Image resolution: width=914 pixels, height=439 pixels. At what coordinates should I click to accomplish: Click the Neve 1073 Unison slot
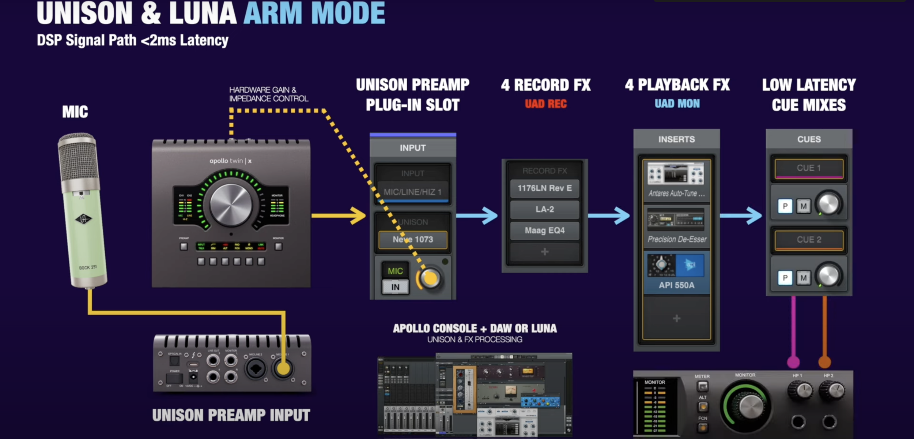tap(413, 240)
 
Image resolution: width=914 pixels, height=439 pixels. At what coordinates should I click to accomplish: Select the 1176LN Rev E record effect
tap(544, 188)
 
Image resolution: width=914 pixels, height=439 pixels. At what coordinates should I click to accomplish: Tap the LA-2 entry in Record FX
tap(544, 209)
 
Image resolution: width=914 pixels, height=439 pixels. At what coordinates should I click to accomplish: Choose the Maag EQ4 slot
tap(544, 230)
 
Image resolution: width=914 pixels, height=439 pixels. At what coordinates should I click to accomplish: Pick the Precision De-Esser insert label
tap(677, 239)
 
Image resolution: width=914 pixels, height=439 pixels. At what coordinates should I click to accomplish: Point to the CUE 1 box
tap(809, 168)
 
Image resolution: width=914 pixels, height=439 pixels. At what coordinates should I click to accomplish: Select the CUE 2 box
tap(809, 240)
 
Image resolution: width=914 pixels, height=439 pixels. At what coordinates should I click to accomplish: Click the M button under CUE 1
tap(803, 206)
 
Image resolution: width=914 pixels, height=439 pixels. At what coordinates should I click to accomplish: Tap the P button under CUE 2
tap(785, 278)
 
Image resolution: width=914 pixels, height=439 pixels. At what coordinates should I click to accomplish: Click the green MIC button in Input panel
tap(395, 271)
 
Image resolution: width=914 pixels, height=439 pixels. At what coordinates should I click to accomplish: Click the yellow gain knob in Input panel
tap(430, 279)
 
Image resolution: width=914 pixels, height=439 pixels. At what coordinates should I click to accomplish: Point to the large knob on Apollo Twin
tap(231, 205)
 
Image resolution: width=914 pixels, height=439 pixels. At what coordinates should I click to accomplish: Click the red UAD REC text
tap(545, 104)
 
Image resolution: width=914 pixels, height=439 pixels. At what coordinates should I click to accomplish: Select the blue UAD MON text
tap(677, 104)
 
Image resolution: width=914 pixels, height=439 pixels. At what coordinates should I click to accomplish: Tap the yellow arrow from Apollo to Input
tap(339, 215)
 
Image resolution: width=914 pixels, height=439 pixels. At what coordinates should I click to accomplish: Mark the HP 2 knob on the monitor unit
tap(832, 390)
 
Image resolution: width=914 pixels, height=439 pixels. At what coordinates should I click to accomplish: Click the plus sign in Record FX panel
tap(544, 252)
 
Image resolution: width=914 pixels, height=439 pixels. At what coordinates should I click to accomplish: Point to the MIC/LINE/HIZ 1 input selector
tap(412, 192)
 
